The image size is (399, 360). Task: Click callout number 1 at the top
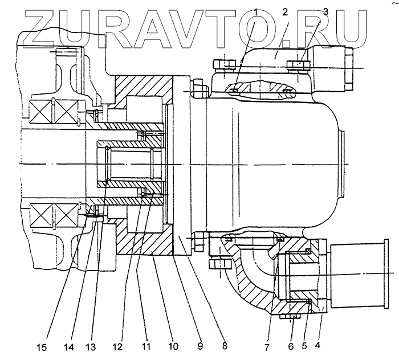(256, 11)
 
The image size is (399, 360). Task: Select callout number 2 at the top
(283, 11)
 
